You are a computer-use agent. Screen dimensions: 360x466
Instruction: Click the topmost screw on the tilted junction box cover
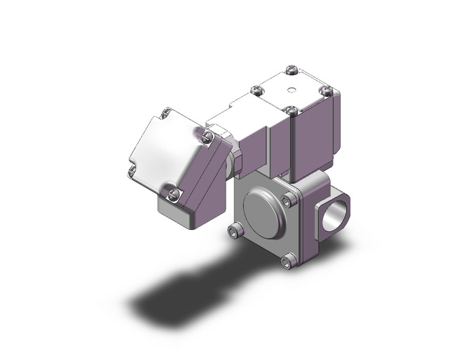coord(165,113)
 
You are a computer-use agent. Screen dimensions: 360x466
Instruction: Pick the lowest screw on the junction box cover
coord(174,194)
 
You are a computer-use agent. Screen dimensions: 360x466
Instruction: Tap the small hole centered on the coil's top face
coord(291,90)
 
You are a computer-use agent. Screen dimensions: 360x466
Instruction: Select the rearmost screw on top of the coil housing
coord(291,69)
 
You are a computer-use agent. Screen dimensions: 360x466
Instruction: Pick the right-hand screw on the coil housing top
coord(326,91)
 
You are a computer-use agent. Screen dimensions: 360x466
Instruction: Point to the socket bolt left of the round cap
coord(234,231)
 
